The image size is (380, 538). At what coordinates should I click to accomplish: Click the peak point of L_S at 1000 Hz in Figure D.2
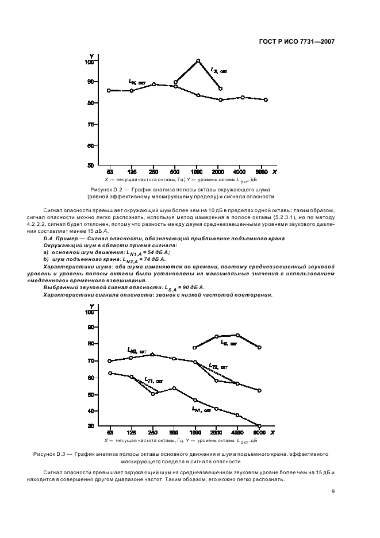tap(198, 60)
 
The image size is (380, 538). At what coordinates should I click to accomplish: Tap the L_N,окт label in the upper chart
tap(137, 82)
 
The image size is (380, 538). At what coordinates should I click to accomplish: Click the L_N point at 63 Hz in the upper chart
tap(109, 90)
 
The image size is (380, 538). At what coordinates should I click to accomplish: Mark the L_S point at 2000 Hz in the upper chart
tap(220, 89)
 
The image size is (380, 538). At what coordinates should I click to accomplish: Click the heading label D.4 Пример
tap(63, 238)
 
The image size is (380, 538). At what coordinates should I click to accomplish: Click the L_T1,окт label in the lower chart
tap(153, 380)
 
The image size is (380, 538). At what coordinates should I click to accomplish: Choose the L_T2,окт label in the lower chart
tap(217, 366)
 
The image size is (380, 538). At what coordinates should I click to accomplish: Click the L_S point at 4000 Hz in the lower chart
tap(238, 335)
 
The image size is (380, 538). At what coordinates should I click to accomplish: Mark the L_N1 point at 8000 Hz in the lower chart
tap(260, 426)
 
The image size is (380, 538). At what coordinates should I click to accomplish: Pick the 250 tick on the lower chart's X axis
tap(153, 432)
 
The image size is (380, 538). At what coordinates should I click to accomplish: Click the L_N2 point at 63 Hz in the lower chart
tap(109, 361)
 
